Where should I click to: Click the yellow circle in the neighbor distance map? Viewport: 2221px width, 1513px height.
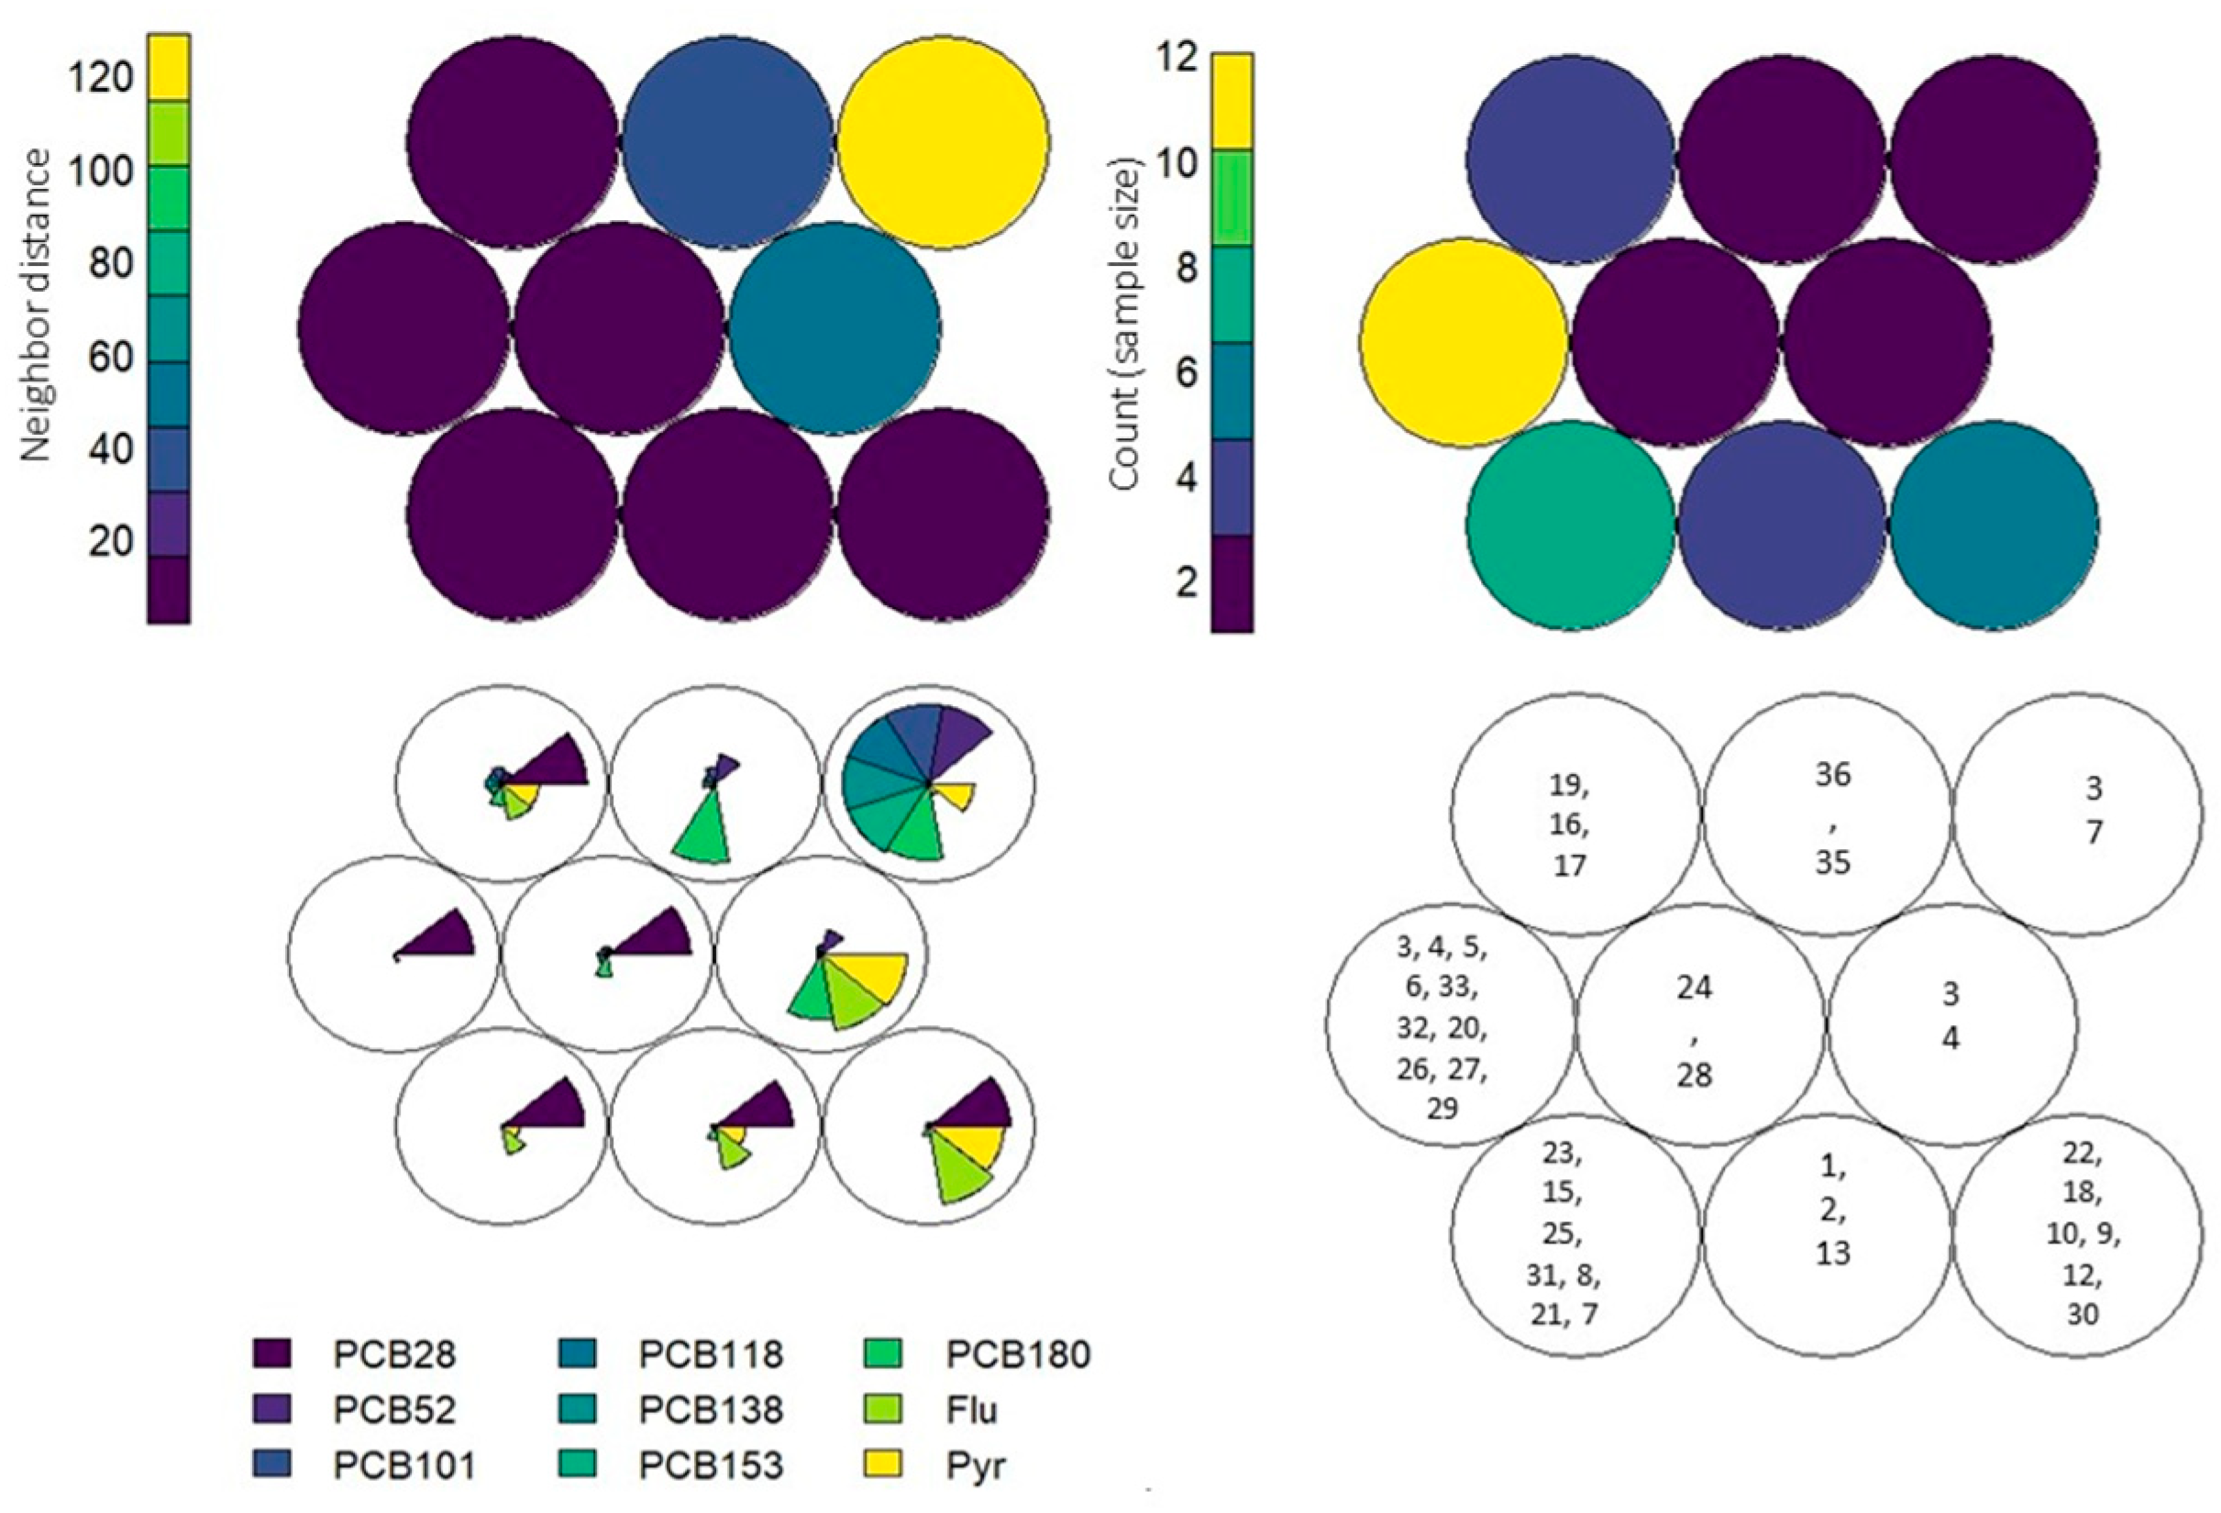(943, 142)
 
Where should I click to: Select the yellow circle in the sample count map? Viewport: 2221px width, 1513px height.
(1464, 341)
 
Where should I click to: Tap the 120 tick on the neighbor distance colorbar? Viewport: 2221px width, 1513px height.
(100, 76)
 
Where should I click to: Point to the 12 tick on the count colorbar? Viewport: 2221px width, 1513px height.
(1175, 60)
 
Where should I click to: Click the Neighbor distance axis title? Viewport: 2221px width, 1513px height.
(36, 305)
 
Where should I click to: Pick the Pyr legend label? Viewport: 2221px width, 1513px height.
(977, 1464)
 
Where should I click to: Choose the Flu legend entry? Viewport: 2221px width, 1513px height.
(973, 1408)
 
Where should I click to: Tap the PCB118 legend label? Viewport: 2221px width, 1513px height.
(711, 1353)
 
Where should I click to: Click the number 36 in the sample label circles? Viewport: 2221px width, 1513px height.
(1832, 774)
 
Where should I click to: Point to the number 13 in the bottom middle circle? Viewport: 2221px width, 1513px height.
(1832, 1253)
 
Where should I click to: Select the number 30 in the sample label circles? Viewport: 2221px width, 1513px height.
(2082, 1314)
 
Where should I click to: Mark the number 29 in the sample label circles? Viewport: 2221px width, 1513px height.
(1442, 1109)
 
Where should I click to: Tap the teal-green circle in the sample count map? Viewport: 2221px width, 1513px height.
(1570, 525)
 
